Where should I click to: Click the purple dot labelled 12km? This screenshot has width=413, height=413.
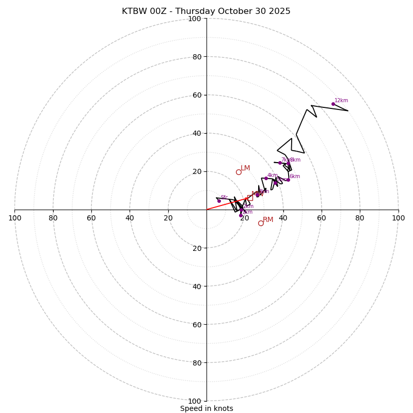tap(333, 104)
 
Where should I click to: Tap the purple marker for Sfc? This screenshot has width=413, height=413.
tap(219, 201)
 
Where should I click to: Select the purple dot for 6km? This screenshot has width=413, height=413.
tap(288, 180)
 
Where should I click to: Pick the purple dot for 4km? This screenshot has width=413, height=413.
tap(266, 179)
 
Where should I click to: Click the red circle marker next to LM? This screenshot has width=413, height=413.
tap(239, 172)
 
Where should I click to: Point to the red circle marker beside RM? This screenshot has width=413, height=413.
tap(261, 223)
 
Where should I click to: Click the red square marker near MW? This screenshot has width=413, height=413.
tap(250, 198)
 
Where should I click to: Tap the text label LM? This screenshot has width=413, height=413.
tap(245, 168)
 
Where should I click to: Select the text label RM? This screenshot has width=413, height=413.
tap(268, 220)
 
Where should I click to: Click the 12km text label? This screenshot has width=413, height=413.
tap(341, 101)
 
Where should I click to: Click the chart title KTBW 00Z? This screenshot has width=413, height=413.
tap(206, 11)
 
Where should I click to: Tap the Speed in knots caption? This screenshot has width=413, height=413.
tap(206, 408)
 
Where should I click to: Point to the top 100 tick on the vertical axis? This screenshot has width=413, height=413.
tap(195, 19)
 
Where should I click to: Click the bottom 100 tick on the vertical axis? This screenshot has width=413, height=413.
tap(195, 401)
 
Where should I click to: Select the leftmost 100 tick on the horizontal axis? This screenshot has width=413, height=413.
tap(15, 218)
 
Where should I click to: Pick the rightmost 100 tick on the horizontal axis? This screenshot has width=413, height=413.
tap(398, 218)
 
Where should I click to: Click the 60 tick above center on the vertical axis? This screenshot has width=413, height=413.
tap(197, 95)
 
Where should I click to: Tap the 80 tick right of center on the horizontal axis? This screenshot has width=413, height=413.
tap(360, 218)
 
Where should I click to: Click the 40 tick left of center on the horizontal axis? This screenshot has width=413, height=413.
tap(130, 218)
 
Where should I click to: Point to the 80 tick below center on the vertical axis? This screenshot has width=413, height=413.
tap(197, 363)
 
